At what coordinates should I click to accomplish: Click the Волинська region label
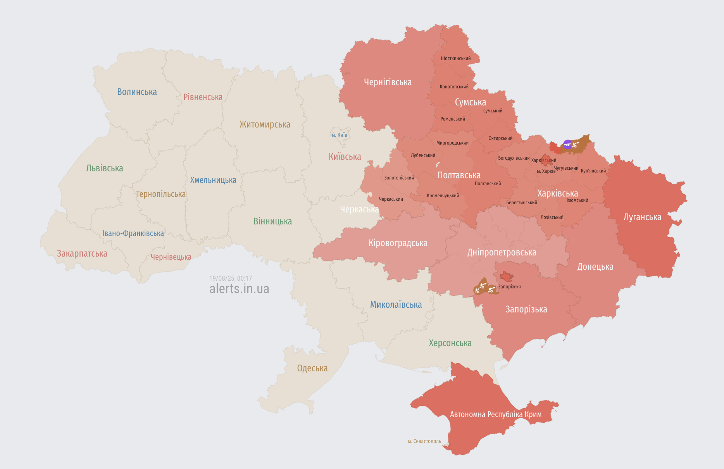(137, 92)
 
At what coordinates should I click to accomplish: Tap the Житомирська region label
(265, 124)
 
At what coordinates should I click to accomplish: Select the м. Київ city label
(340, 135)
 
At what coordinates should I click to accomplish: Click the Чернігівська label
(388, 82)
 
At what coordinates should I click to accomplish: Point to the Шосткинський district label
(456, 59)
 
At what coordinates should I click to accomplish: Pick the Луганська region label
(642, 217)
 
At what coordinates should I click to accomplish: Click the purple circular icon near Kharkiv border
(567, 145)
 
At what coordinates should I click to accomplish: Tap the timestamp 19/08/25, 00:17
(231, 278)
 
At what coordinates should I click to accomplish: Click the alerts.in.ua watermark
(239, 289)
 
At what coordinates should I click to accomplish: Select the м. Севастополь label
(424, 441)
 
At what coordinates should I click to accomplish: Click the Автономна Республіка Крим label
(496, 414)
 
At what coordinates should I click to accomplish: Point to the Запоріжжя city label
(509, 287)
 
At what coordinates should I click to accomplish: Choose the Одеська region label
(312, 368)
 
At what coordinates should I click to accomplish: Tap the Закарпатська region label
(82, 253)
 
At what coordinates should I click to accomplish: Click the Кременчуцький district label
(443, 196)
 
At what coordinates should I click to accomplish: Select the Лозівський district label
(552, 217)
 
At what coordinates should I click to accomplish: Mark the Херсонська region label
(450, 343)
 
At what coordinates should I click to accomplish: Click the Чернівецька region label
(171, 257)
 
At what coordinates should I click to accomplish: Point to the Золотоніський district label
(399, 178)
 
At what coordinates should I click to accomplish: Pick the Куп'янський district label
(593, 171)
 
